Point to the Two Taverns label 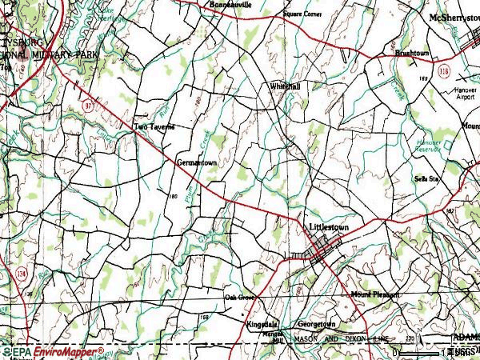pyautogui.click(x=153, y=126)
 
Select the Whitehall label pyautogui.click(x=285, y=86)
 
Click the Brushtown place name pyautogui.click(x=413, y=53)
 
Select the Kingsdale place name pyautogui.click(x=262, y=325)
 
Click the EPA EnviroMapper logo pyautogui.click(x=53, y=351)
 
